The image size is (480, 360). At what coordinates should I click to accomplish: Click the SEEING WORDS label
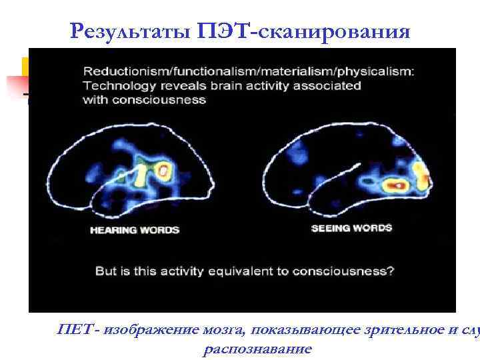(x=352, y=227)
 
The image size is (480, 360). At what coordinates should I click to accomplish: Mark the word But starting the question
(x=107, y=271)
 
